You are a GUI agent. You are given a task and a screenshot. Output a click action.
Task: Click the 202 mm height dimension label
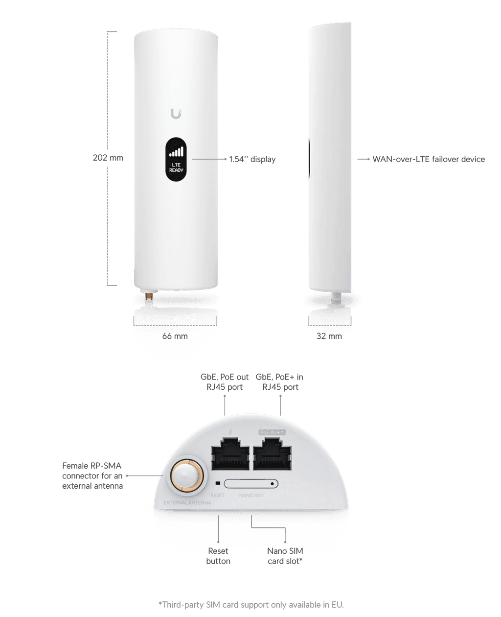click(108, 158)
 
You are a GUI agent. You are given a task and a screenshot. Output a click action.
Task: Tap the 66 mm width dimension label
click(175, 336)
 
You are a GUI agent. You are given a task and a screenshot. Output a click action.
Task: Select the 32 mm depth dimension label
click(329, 336)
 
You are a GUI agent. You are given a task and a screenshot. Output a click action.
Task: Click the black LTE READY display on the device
click(176, 159)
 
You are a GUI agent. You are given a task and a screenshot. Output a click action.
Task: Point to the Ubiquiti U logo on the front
click(176, 114)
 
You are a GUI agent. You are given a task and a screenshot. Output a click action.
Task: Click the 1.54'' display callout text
click(252, 159)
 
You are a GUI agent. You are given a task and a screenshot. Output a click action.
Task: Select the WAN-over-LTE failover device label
click(429, 159)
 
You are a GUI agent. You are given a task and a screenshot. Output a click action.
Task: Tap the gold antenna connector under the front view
click(149, 296)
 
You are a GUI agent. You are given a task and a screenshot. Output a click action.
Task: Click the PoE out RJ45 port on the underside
click(230, 454)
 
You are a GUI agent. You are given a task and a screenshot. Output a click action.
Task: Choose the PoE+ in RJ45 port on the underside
click(272, 454)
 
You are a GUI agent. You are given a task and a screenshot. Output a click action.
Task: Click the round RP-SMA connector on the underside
click(187, 475)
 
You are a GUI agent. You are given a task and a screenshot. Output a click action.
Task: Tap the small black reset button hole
click(218, 483)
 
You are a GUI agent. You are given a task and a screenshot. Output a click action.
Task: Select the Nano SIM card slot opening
click(251, 483)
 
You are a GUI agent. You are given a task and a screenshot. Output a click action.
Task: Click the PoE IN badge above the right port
click(272, 432)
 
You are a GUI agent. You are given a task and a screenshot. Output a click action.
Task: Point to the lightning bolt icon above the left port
click(230, 432)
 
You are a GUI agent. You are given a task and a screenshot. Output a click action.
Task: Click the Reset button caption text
click(218, 556)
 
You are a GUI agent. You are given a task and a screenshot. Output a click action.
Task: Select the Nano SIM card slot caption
click(285, 556)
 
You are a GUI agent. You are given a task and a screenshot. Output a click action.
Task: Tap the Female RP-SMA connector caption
click(92, 475)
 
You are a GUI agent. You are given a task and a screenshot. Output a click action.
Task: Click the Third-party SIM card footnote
click(251, 605)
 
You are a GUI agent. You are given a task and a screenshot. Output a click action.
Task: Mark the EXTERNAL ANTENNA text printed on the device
click(187, 502)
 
